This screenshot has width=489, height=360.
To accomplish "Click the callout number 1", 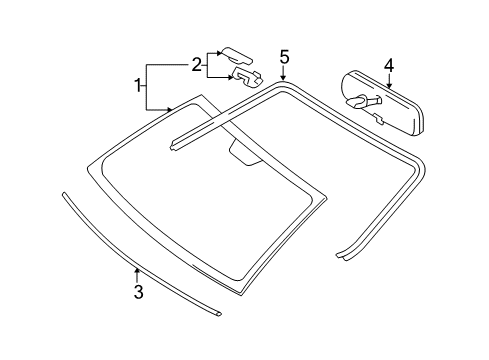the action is pos(138,86).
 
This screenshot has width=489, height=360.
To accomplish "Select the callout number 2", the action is pos(197,64).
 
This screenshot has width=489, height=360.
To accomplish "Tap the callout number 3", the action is pos(138,291).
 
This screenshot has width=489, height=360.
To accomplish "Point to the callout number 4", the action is pos(389,66).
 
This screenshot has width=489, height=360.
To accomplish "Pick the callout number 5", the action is pos(284,57).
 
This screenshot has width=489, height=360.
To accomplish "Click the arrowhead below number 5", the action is pos(283,77).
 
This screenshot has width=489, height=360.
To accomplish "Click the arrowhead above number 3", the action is pos(136,270).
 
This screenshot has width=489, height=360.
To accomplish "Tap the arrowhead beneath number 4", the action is pos(389,86).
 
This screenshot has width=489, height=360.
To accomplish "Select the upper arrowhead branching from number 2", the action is pos(218,53).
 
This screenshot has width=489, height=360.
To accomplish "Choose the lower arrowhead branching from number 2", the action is pos(230,78).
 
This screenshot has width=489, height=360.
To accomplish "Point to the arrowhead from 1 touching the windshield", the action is pos(169,109).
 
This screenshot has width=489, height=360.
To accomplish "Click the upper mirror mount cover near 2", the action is pos(237,55).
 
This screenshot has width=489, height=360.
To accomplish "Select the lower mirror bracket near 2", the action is pos(248,77).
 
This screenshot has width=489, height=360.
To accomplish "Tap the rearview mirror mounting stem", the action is pos(363,100).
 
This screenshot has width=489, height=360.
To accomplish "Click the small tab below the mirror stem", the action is pos(379,118).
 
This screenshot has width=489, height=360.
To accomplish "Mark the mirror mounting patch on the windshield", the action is pos(245,152).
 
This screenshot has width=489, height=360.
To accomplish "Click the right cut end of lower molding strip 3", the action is pos(218,314).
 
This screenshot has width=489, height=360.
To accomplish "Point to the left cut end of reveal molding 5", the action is pos(173,144).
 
